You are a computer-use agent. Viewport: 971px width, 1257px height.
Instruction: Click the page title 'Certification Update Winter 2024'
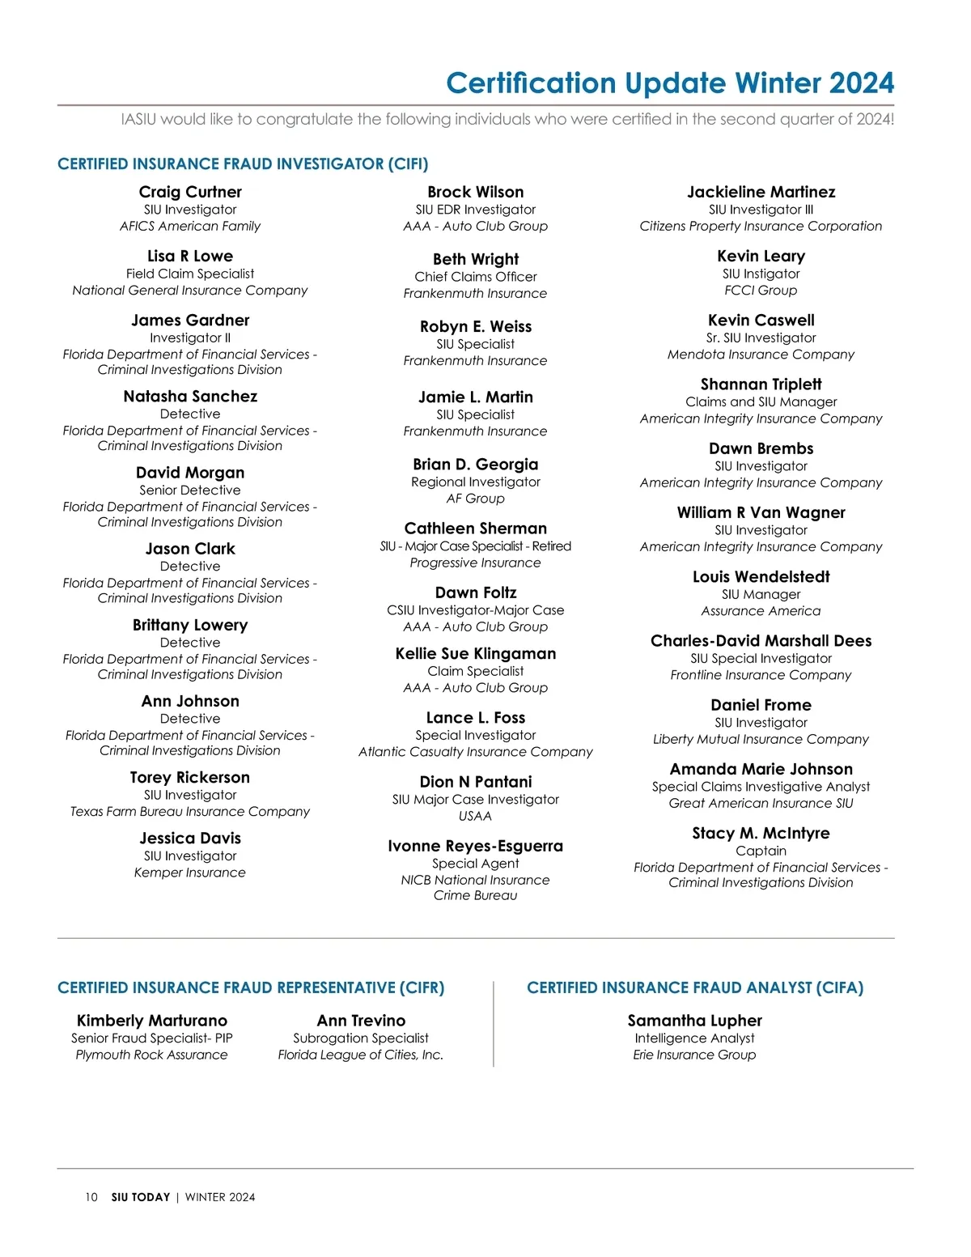(669, 83)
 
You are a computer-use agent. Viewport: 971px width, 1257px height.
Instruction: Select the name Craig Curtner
(190, 192)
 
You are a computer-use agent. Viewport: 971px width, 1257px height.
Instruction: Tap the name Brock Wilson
(476, 192)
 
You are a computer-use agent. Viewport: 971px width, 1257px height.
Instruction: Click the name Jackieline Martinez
(761, 192)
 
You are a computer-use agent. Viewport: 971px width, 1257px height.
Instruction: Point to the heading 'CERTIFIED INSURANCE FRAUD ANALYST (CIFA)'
(695, 987)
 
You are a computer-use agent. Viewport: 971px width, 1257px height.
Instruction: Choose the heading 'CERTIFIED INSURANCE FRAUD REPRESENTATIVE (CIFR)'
(251, 987)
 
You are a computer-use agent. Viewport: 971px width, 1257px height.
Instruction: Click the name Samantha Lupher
(694, 1021)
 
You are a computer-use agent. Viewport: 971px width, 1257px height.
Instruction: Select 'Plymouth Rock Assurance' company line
(151, 1055)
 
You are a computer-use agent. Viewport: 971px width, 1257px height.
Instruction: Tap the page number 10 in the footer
(91, 1197)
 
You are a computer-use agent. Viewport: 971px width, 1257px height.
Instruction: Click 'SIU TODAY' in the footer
(141, 1197)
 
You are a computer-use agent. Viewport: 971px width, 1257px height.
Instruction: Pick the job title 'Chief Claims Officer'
(476, 277)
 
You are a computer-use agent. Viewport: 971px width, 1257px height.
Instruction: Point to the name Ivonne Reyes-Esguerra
(476, 846)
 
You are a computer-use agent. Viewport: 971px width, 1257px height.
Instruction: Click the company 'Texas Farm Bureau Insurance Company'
(190, 811)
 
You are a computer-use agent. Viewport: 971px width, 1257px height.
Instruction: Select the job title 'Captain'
(761, 851)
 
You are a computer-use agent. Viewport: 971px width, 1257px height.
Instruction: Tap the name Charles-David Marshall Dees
(761, 641)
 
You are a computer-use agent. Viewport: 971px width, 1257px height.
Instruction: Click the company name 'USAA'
(476, 816)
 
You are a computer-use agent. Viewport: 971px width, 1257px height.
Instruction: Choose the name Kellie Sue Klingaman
(476, 654)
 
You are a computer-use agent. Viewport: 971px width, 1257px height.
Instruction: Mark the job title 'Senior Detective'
(190, 490)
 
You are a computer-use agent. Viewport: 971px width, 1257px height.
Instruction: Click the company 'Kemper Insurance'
(190, 873)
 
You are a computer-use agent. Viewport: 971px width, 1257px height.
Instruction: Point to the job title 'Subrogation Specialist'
(361, 1038)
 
